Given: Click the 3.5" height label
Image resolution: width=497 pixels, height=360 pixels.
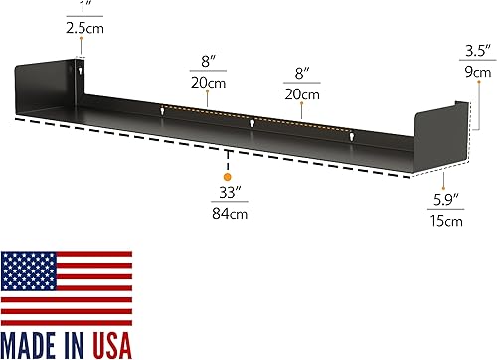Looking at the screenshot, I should (477, 51).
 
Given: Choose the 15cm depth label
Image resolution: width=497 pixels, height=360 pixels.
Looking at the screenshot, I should (447, 221).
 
